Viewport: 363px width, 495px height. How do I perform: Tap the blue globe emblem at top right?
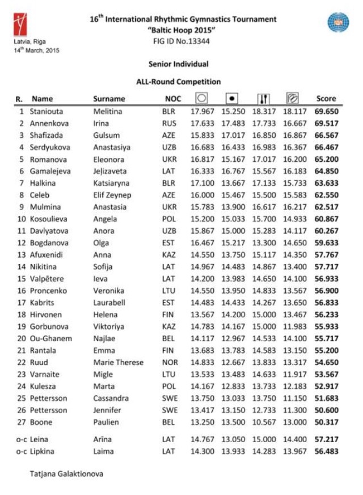coord(338,22)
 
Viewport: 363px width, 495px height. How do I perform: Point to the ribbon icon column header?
coord(294,98)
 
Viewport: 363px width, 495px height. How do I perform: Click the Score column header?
coord(326,98)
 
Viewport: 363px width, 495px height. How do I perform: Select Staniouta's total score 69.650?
coord(326,111)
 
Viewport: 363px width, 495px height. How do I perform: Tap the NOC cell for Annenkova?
coord(170,123)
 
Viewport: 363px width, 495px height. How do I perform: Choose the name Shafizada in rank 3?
coord(45,135)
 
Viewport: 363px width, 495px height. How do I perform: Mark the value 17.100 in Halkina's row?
coord(202,183)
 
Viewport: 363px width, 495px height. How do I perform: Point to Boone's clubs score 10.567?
coord(264,422)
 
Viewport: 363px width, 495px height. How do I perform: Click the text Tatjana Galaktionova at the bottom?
coord(66,473)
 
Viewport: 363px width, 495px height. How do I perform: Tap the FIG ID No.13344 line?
coord(181,41)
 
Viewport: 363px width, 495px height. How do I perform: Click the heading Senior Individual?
coord(178,64)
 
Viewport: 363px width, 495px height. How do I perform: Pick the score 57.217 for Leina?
coord(326,439)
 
